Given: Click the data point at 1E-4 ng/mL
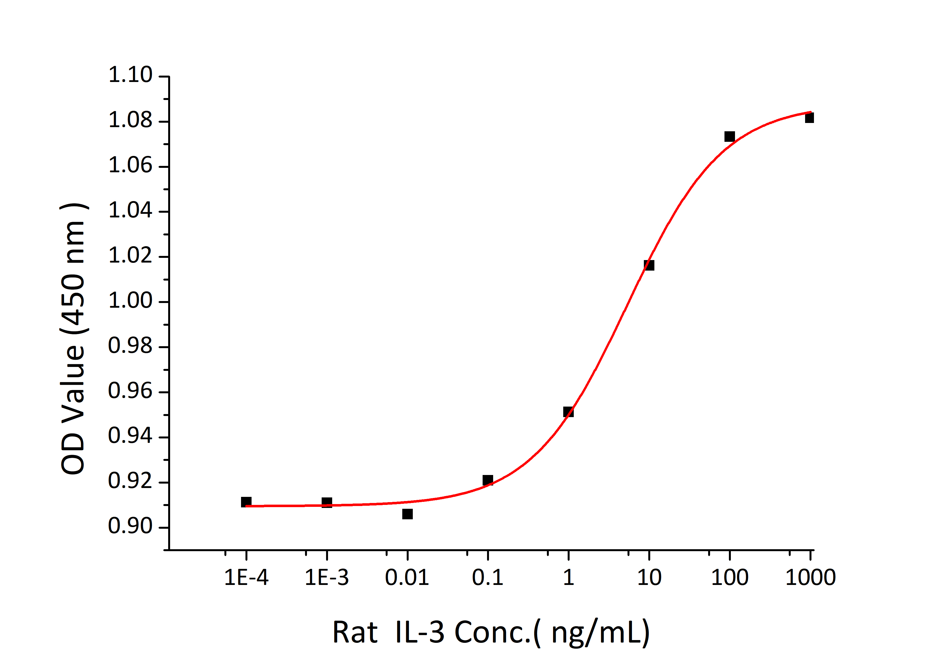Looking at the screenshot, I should click(246, 502).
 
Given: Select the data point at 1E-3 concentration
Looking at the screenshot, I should click(327, 502).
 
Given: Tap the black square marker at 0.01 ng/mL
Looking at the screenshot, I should click(408, 514).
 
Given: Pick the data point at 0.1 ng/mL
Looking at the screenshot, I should click(488, 480).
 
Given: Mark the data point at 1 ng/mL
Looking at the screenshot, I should click(568, 412).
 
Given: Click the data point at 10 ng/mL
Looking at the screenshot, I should click(649, 265).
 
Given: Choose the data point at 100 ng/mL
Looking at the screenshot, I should click(730, 136).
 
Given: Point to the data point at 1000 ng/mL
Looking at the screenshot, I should click(809, 118).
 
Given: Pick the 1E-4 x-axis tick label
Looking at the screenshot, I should click(246, 577).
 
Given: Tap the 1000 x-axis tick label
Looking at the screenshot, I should click(810, 577).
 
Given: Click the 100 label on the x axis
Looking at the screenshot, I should click(730, 577).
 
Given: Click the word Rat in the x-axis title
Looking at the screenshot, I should click(355, 632).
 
